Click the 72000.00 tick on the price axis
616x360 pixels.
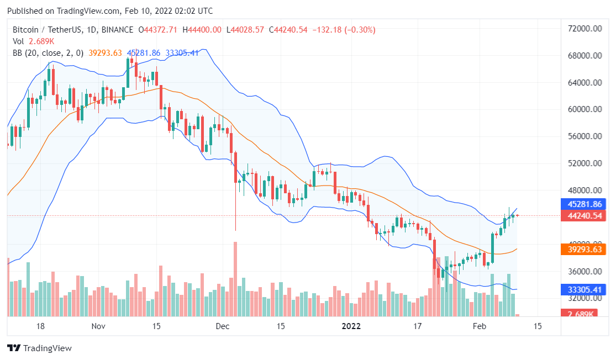point(586,29)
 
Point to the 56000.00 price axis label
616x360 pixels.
point(586,136)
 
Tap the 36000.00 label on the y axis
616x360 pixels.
point(586,271)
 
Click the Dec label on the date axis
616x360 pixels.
point(222,326)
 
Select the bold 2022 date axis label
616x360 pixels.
point(351,326)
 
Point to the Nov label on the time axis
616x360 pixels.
point(98,326)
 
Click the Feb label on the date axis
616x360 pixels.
point(479,326)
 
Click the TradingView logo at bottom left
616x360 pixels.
point(39,348)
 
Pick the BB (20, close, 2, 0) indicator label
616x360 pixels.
point(48,53)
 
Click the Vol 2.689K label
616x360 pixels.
point(33,41)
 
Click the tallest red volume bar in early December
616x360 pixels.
point(235,279)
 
